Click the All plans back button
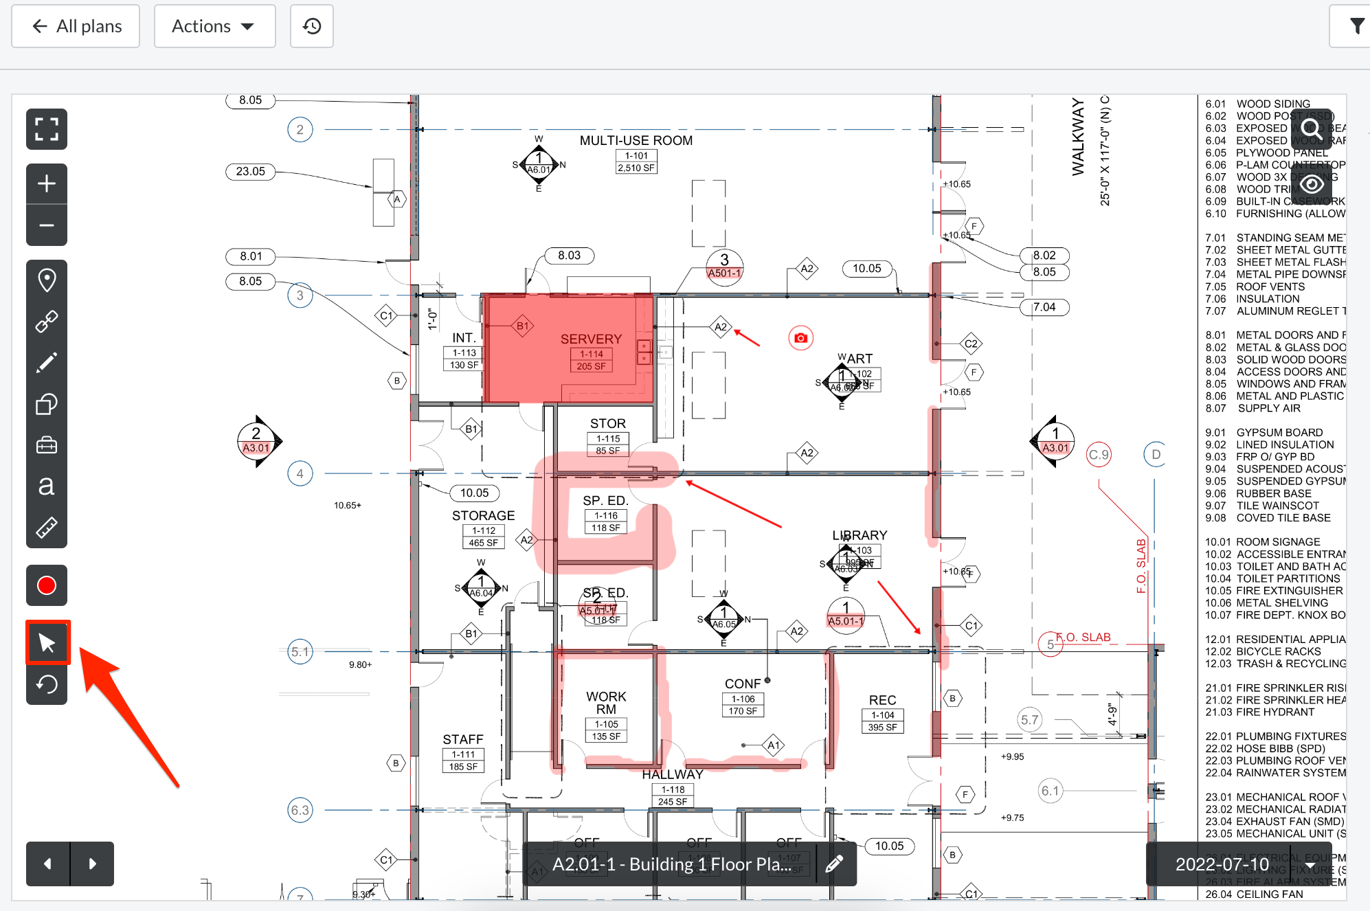tap(76, 26)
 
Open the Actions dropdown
tap(214, 26)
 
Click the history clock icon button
tap(311, 26)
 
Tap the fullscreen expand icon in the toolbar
tap(47, 129)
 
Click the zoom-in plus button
tap(47, 183)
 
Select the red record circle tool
tap(47, 585)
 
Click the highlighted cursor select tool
tap(47, 643)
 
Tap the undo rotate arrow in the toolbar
tap(47, 684)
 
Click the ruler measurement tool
tap(47, 527)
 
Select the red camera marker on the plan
tap(800, 338)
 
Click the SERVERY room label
tap(591, 339)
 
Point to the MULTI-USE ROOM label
tap(636, 141)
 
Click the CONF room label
tap(743, 684)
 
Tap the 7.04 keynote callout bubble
tap(1044, 307)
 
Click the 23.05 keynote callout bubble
tap(250, 172)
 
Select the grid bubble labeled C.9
tap(1099, 455)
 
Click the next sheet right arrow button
tap(92, 864)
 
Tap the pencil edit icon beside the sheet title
tap(834, 864)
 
